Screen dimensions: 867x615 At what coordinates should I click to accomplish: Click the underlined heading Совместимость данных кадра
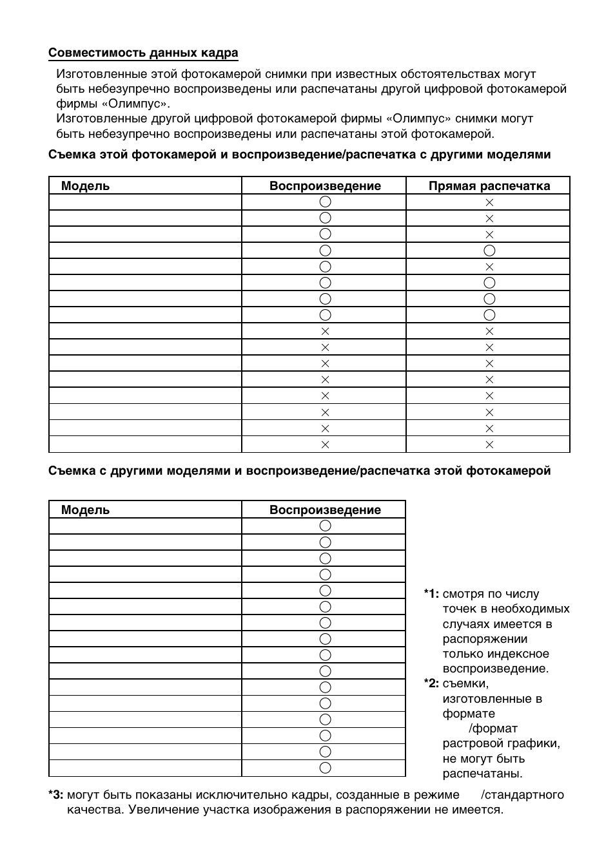(143, 53)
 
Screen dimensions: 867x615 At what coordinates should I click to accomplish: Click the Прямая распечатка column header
(489, 186)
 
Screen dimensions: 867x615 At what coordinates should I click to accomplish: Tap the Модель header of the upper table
(85, 186)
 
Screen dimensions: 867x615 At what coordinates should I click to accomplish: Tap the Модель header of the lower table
(85, 510)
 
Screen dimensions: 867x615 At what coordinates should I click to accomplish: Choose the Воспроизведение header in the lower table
(325, 510)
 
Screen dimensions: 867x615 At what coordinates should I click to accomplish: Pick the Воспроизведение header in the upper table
(325, 186)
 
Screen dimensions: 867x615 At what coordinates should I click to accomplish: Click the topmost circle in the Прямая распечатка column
(489, 251)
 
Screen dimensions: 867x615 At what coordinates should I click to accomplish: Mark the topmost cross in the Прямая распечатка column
(489, 202)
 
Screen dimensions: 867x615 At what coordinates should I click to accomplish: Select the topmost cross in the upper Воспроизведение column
(325, 331)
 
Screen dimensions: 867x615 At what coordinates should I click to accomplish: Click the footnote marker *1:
(431, 594)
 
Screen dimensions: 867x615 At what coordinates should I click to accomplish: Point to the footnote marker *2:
(431, 683)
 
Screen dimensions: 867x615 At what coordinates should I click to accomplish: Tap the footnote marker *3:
(55, 795)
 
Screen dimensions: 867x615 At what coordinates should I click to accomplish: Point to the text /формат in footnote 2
(493, 729)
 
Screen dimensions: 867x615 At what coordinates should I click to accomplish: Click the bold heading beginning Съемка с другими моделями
(299, 471)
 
